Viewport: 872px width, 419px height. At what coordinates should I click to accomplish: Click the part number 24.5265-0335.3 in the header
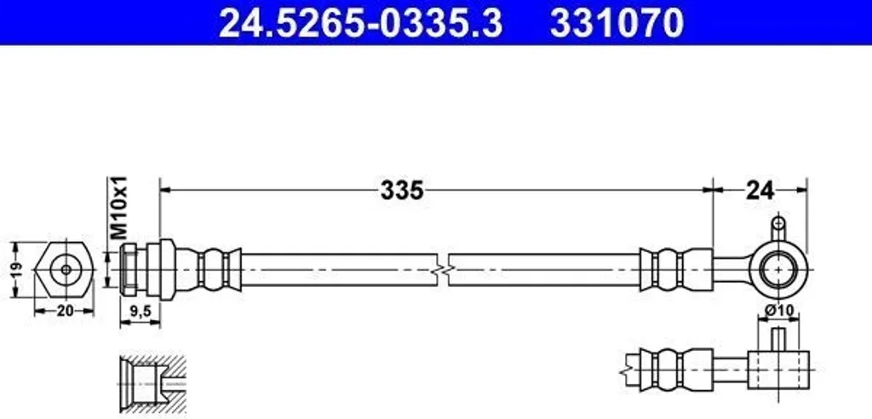click(x=360, y=23)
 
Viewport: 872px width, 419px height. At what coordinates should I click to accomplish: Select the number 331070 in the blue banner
click(x=617, y=23)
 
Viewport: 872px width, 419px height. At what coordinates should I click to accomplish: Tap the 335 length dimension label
click(x=402, y=191)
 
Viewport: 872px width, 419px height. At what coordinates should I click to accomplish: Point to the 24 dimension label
click(x=760, y=191)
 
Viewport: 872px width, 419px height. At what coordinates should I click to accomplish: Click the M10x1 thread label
click(x=118, y=208)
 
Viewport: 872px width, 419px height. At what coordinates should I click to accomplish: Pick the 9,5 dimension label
click(x=140, y=312)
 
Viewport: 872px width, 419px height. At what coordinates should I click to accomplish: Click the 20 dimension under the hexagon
click(x=65, y=311)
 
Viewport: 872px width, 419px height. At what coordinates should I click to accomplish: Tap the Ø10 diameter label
click(x=778, y=311)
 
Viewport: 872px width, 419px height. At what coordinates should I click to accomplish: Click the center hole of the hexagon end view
click(x=66, y=270)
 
